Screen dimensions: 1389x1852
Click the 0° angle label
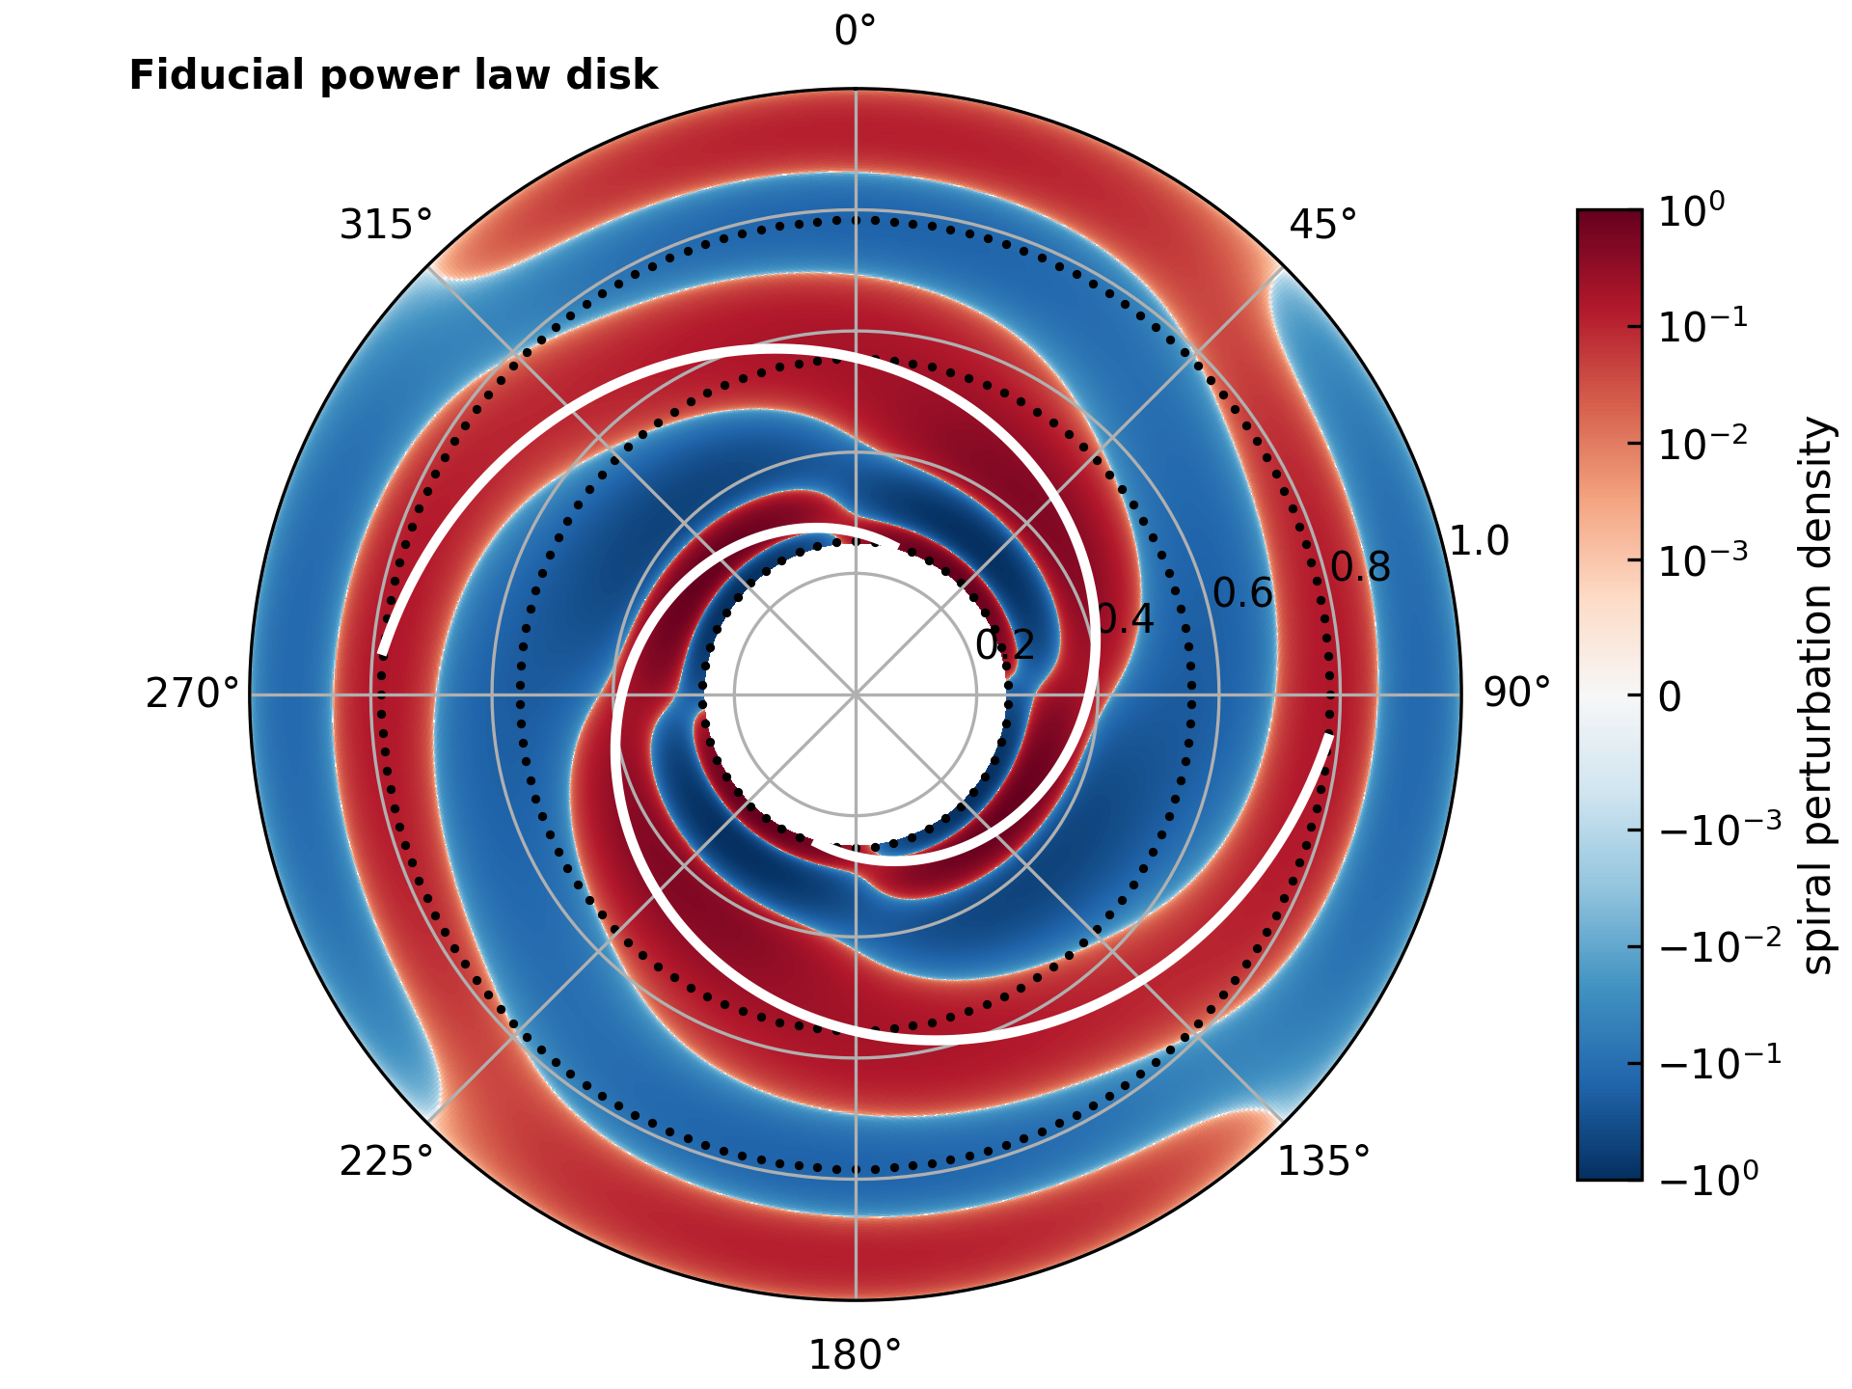[x=855, y=32]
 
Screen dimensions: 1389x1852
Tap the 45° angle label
[x=1322, y=225]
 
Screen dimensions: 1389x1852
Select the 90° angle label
[x=1516, y=694]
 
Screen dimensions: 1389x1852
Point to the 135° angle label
[x=1323, y=1162]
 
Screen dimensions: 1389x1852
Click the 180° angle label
[x=855, y=1356]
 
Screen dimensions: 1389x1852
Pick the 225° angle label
[x=386, y=1162]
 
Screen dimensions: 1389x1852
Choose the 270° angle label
[x=192, y=694]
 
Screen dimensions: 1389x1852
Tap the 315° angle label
[x=386, y=225]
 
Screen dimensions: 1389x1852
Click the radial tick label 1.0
[x=1480, y=542]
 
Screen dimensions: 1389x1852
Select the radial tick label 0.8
[x=1361, y=568]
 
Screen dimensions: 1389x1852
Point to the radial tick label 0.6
[x=1243, y=593]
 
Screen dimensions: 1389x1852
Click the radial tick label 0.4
[x=1126, y=619]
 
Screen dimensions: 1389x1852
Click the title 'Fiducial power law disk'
[x=394, y=75]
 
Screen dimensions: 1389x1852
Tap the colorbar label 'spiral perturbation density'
[x=1816, y=694]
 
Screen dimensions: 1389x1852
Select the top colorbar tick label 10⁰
[x=1691, y=211]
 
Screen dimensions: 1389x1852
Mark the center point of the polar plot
[x=856, y=694]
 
